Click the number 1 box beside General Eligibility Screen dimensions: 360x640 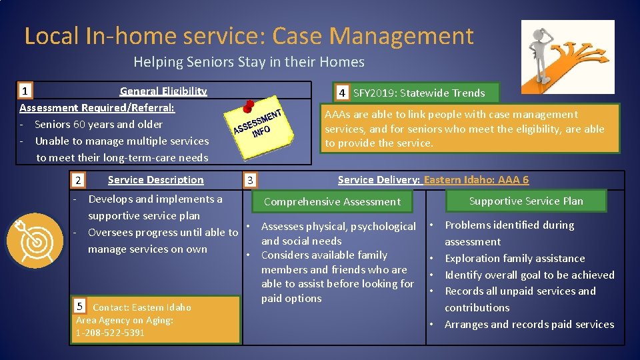coord(25,91)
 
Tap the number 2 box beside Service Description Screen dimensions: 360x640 coord(78,181)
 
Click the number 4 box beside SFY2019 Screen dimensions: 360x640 coord(341,93)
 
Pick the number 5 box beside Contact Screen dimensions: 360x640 coord(79,307)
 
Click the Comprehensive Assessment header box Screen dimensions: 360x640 coord(332,201)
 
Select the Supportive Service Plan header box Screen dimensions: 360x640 coord(526,201)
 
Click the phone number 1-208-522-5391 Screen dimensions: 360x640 coord(110,333)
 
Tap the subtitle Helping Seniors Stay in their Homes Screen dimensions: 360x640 coord(249,62)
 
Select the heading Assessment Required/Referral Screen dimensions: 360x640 coord(97,107)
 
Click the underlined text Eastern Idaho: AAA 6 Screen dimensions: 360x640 coord(476,180)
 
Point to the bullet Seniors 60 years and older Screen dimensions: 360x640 coord(98,124)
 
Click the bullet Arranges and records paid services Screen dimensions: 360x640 coord(529,324)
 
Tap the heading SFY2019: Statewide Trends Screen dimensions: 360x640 coord(419,93)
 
